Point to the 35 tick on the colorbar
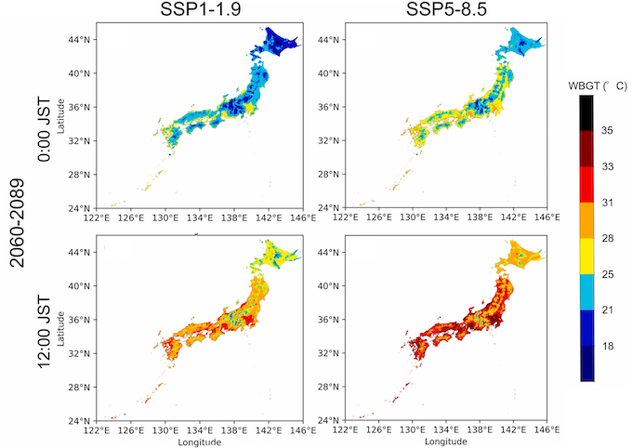pyautogui.click(x=607, y=131)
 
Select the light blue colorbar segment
pyautogui.click(x=586, y=290)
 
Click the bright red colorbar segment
pyautogui.click(x=586, y=184)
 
